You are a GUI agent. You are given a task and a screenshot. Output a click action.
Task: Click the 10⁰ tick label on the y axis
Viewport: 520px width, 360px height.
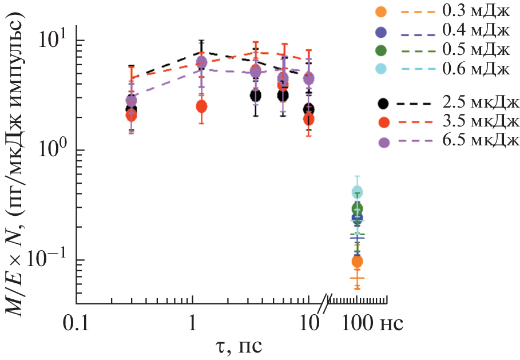(x=55, y=150)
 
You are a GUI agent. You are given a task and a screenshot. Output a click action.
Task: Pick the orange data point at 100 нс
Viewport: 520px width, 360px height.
(x=357, y=262)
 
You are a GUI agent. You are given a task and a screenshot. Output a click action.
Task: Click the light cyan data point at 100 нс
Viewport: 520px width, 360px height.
(x=358, y=192)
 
